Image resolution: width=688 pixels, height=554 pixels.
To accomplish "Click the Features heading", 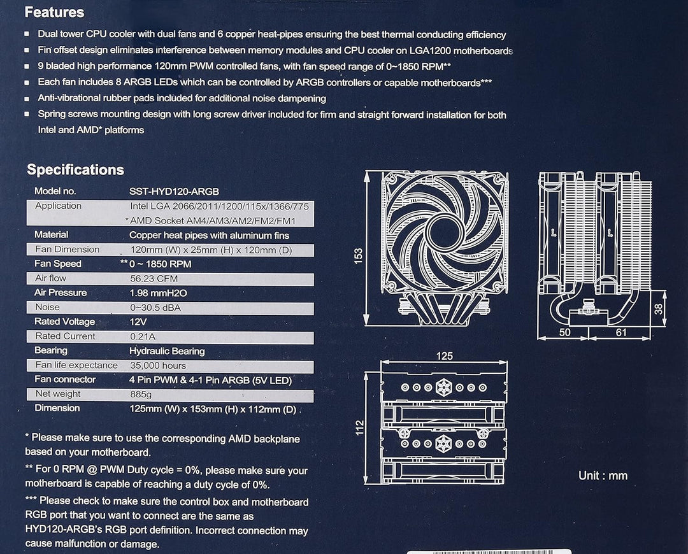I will (x=54, y=12).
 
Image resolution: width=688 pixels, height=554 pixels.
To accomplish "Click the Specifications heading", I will (x=75, y=170).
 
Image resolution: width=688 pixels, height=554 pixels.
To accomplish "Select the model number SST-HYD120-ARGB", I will (x=174, y=191).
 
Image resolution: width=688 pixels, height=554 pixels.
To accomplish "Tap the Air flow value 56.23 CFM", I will (x=154, y=279).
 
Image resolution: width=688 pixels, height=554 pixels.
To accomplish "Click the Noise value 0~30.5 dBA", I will (x=155, y=308).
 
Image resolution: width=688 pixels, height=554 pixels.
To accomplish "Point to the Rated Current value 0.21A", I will (x=143, y=336).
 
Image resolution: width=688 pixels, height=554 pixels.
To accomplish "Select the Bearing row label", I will (x=51, y=351).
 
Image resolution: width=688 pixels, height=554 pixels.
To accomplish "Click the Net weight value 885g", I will (x=141, y=394).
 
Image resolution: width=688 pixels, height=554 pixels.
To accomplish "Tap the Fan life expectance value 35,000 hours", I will (x=158, y=366).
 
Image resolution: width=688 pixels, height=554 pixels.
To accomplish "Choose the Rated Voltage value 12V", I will (x=138, y=322).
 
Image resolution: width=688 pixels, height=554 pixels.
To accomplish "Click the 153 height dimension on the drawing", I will (x=359, y=256).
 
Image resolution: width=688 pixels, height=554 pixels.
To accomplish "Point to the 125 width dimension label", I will (x=445, y=356).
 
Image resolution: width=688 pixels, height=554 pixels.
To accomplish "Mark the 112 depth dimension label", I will (x=360, y=425).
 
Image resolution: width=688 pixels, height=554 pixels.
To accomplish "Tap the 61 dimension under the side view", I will (x=621, y=332).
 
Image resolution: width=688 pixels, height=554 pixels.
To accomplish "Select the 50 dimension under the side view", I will (x=565, y=332).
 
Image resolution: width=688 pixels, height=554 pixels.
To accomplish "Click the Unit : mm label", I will (x=603, y=476).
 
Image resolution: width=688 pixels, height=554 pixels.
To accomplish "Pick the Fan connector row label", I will (x=65, y=380).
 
